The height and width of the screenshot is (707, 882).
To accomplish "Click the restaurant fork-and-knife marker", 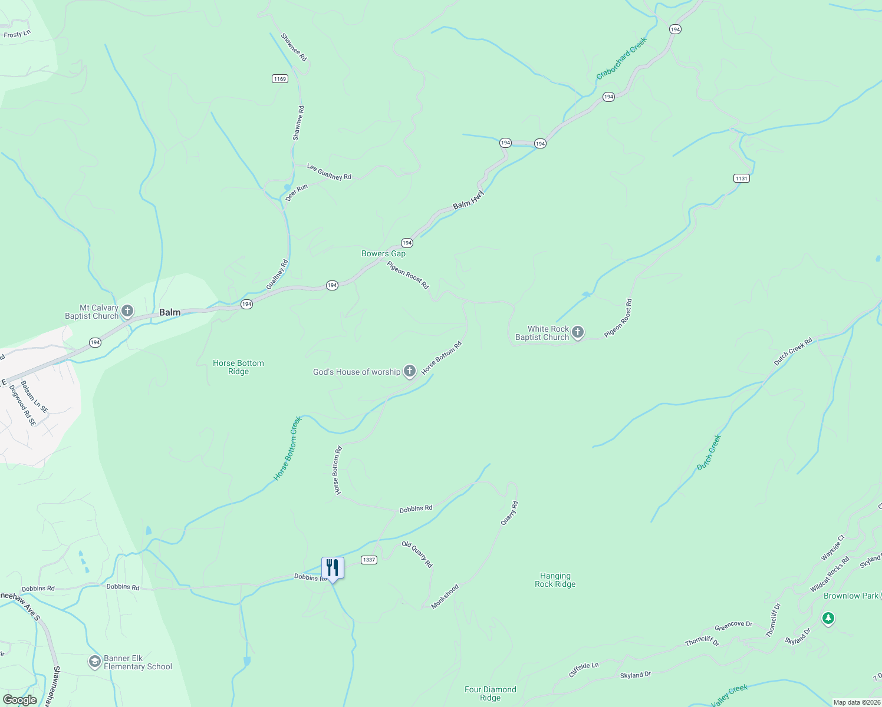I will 333,568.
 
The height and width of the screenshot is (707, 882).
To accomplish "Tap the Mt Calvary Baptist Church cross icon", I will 127,311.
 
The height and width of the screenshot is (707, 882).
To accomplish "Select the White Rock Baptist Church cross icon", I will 578,333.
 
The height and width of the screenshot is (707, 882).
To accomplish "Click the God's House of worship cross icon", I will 410,371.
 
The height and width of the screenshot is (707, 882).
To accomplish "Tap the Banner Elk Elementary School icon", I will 94,662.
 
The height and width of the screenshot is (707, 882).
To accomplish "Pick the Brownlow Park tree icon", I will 828,618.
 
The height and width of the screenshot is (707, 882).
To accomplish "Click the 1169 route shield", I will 280,78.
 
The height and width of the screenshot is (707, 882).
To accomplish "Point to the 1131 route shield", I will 741,178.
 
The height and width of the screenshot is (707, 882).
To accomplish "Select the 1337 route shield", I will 369,560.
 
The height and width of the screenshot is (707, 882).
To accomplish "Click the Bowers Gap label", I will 383,253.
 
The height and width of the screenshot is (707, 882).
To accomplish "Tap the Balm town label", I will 170,312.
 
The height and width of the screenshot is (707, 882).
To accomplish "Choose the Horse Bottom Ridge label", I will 238,367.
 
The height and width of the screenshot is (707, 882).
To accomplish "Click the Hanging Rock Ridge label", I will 555,580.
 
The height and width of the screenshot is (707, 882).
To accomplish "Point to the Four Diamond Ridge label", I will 490,693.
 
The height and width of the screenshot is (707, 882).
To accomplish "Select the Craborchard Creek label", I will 621,58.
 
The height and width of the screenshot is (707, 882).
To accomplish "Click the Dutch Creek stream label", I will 709,452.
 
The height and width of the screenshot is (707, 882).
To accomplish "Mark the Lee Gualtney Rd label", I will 329,172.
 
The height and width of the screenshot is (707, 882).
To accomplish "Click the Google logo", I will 19,700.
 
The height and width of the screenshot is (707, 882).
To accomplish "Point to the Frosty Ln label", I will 17,34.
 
